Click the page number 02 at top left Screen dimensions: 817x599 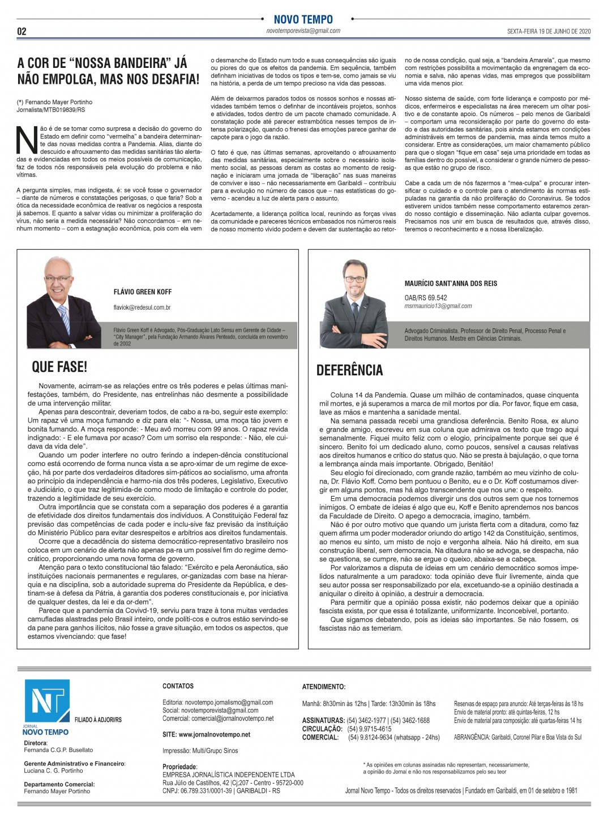pos(22,31)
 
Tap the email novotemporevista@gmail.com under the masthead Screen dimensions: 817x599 pos(303,31)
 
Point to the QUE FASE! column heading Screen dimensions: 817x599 pos(59,367)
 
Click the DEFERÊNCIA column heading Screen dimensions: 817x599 pos(349,370)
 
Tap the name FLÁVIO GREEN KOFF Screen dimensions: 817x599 pos(143,292)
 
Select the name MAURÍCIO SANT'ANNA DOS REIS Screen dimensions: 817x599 pos(451,283)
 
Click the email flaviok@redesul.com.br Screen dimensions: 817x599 pos(142,307)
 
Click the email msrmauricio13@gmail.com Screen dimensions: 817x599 pos(438,306)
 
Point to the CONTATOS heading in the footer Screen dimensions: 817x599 pos(178,686)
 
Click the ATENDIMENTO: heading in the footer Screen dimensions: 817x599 pos(324,687)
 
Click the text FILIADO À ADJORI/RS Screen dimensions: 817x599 pos(98,720)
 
